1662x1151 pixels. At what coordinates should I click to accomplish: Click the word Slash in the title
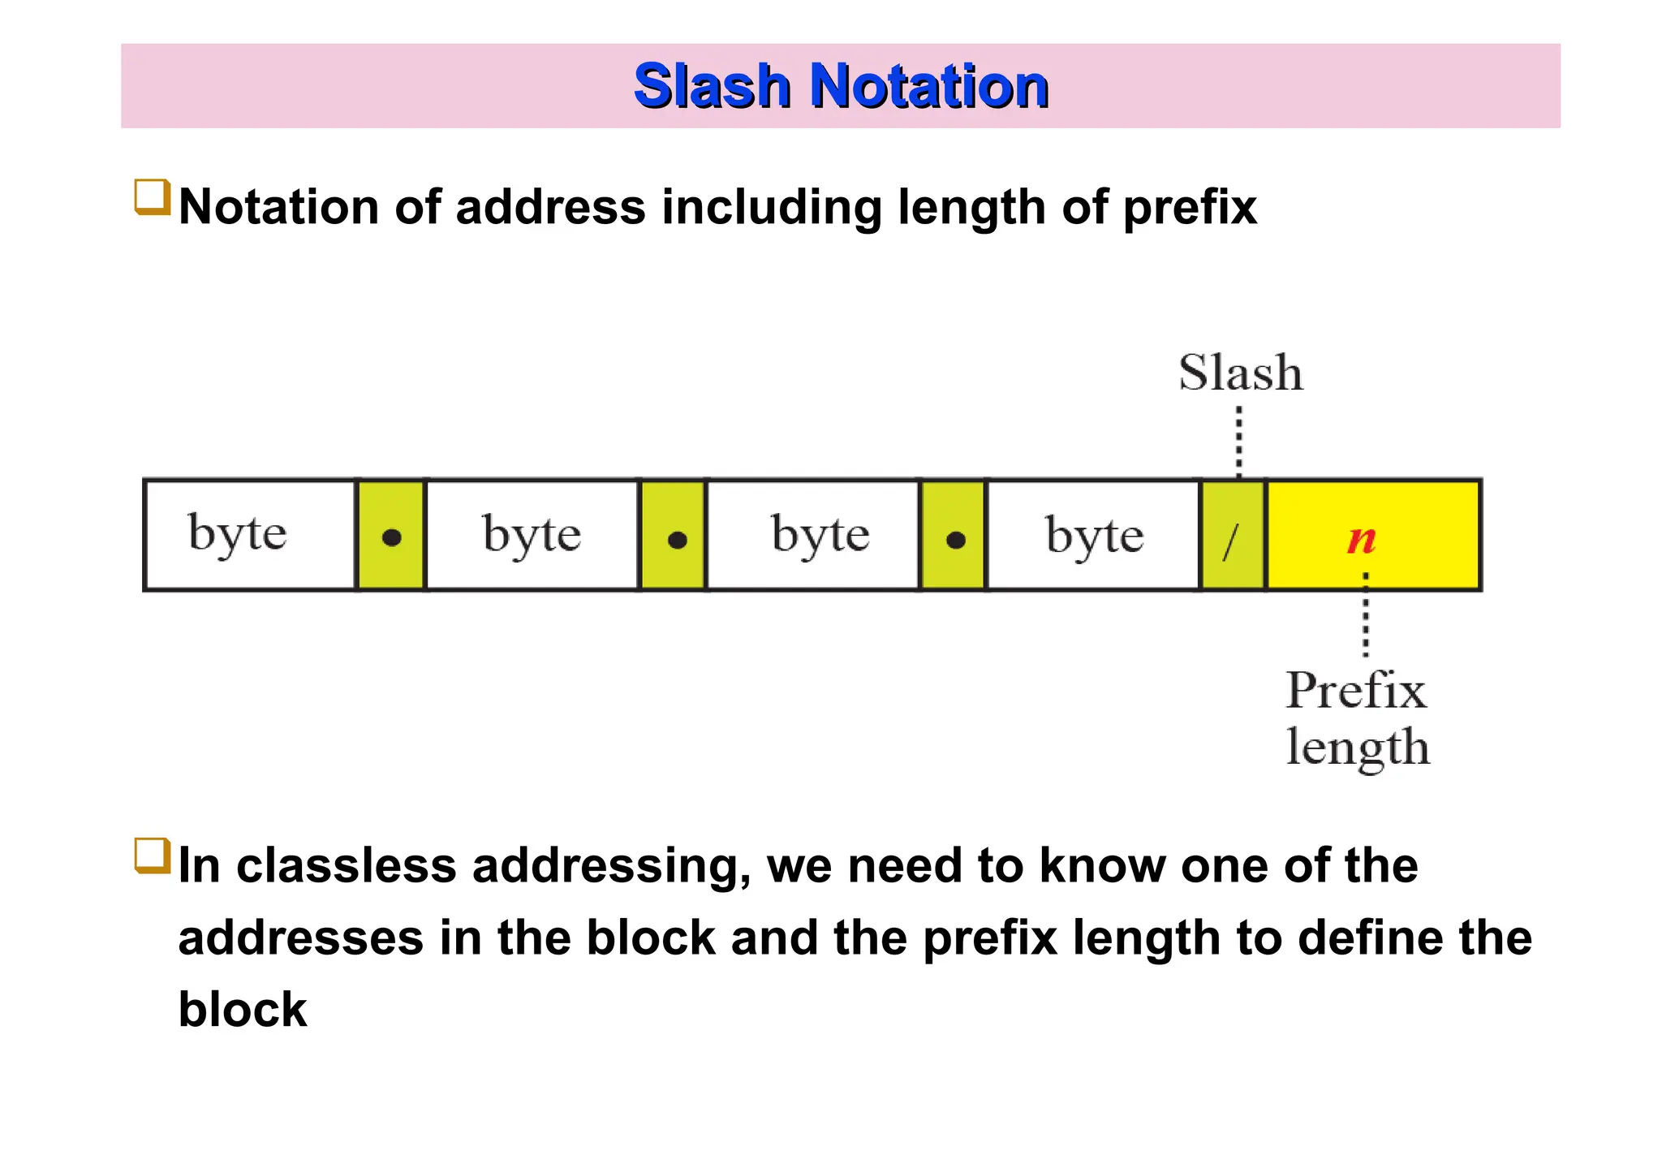point(711,86)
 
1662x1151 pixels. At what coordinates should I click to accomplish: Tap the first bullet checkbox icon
point(152,197)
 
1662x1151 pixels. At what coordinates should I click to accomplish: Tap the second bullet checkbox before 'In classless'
point(152,856)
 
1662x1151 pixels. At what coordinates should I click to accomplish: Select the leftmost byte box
point(250,535)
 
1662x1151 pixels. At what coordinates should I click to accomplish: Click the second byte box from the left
point(532,535)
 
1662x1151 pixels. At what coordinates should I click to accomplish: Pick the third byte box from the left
point(814,535)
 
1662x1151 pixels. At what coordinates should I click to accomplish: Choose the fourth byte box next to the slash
point(1093,535)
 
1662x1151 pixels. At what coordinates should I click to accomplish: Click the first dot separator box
point(391,535)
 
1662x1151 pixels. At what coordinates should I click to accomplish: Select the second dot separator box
point(674,535)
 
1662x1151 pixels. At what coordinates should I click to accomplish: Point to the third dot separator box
point(954,535)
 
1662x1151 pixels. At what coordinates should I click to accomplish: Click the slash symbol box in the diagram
point(1233,535)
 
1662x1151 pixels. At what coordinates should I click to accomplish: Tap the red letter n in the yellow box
point(1362,539)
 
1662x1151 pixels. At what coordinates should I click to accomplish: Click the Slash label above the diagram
point(1240,373)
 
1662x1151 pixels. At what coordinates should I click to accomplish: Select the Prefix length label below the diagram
point(1357,718)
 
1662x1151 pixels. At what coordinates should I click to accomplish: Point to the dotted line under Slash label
point(1238,442)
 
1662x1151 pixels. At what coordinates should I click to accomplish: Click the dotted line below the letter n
point(1366,615)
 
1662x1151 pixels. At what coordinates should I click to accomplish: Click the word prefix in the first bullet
point(1190,207)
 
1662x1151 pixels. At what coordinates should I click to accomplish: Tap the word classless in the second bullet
point(347,865)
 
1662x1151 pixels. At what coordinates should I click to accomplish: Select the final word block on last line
point(242,1010)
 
